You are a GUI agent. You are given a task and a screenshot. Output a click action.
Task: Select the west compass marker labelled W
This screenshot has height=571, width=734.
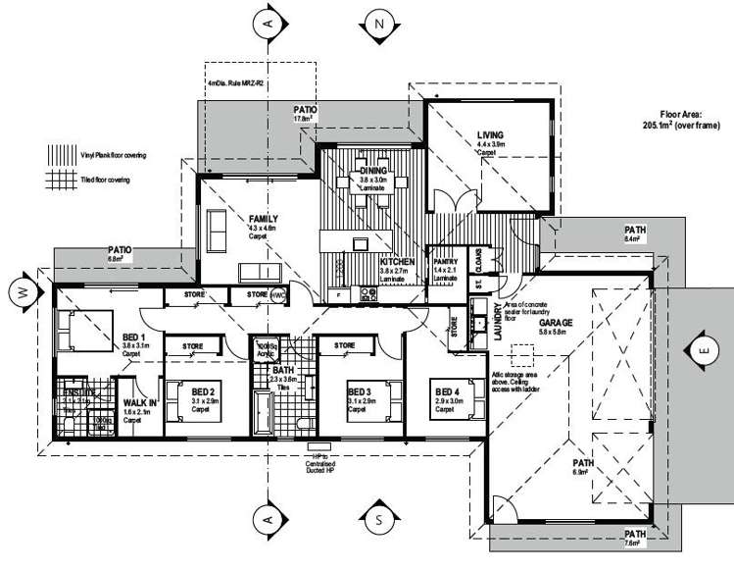coord(21,290)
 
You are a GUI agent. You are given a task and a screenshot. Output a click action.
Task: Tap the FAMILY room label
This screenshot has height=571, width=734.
coord(264,219)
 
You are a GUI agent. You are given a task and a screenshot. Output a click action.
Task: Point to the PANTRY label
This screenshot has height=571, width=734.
coord(446,263)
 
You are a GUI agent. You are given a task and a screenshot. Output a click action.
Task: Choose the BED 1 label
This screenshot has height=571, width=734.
coord(134,337)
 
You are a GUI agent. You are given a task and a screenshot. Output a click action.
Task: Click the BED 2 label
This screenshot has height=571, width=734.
coord(204,392)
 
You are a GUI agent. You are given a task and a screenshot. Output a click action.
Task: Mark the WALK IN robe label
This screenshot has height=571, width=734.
coord(134,402)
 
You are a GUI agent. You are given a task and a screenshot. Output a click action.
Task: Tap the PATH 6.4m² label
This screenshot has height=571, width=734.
coord(632,233)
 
